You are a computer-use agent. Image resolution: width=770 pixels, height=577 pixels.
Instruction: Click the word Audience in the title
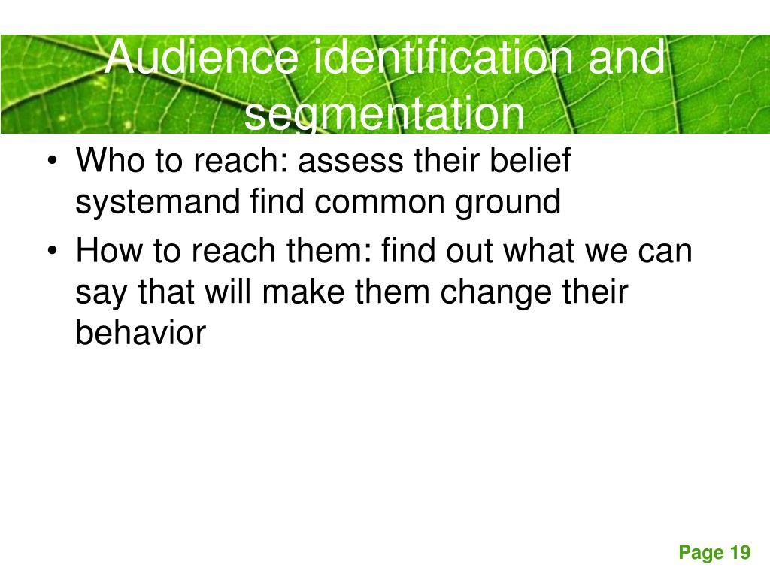[x=200, y=59]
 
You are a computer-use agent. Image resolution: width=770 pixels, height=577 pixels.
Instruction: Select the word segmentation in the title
[x=385, y=114]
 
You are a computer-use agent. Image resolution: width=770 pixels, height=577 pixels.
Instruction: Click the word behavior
[x=140, y=334]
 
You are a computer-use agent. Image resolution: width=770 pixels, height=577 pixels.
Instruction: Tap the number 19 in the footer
[x=739, y=554]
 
